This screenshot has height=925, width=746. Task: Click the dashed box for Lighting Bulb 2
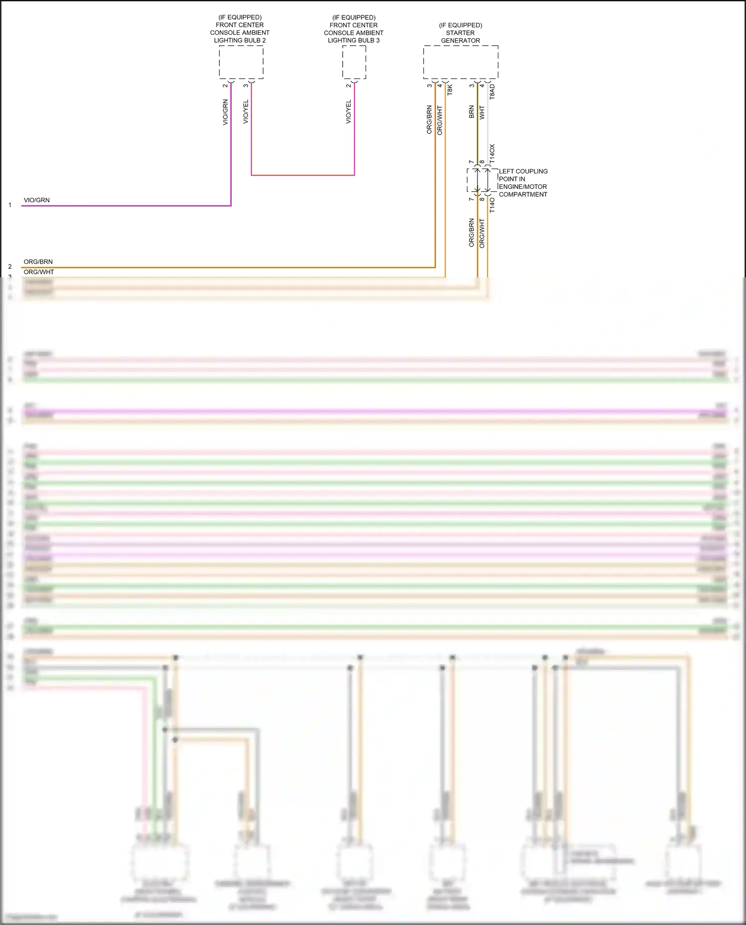point(241,62)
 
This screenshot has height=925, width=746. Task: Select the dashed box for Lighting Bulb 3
point(354,62)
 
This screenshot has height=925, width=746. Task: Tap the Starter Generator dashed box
point(461,62)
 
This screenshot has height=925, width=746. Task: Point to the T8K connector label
point(450,90)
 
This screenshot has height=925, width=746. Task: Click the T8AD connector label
point(492,91)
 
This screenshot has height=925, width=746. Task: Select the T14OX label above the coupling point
point(492,155)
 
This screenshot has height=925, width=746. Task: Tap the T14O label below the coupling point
point(492,204)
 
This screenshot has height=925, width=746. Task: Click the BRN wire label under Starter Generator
point(471,112)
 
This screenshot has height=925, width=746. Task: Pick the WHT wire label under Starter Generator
point(481,113)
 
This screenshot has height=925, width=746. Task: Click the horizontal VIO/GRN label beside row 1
point(37,200)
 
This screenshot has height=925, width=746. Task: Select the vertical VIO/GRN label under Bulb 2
point(225,112)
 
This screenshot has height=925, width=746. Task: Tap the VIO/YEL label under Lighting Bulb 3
point(348,112)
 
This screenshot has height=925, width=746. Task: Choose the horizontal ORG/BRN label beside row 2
point(38,262)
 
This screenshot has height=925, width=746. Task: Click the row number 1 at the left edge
point(10,205)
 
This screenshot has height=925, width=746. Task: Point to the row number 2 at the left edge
point(10,267)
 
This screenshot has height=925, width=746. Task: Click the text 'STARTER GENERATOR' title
point(461,37)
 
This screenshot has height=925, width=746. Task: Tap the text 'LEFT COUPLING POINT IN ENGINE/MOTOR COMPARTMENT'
point(523,183)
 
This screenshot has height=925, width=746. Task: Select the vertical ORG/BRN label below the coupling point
point(471,233)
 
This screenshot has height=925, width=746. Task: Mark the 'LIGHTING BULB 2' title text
point(240,40)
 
